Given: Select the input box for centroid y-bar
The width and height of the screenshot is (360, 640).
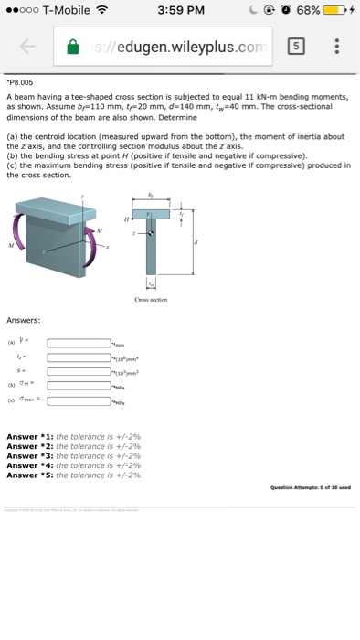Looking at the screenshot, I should [x=79, y=343].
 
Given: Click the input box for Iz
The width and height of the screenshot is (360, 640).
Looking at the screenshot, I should [x=79, y=358].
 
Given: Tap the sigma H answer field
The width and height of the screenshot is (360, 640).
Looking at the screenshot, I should [x=79, y=387].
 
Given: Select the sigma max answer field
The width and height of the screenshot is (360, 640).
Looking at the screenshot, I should [x=79, y=401].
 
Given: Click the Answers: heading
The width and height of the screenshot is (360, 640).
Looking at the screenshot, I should [x=21, y=320].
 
